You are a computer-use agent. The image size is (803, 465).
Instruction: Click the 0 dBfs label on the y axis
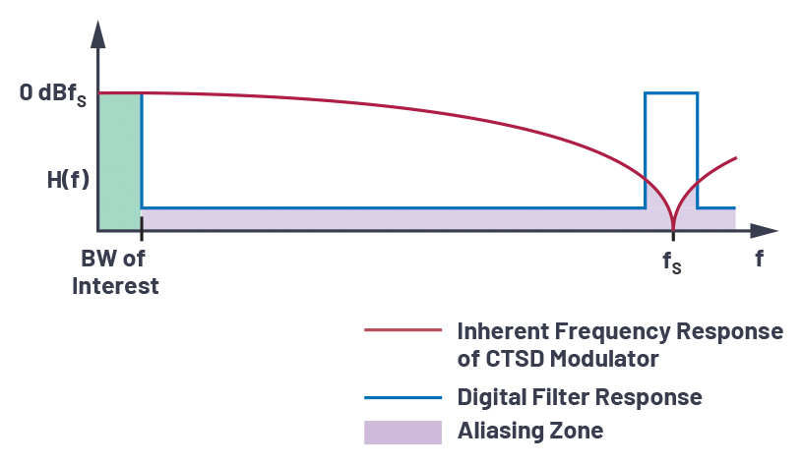pyautogui.click(x=53, y=94)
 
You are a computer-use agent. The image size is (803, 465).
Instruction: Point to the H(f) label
pyautogui.click(x=68, y=180)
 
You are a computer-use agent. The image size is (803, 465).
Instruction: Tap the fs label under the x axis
pyautogui.click(x=672, y=262)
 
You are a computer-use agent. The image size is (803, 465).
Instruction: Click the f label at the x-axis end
pyautogui.click(x=759, y=259)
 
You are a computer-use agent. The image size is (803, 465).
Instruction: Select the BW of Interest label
pyautogui.click(x=115, y=272)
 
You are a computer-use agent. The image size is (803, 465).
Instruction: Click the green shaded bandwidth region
pyautogui.click(x=120, y=161)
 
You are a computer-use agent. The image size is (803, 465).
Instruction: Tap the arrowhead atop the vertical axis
pyautogui.click(x=97, y=34)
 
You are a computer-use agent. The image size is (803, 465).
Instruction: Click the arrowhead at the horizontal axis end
pyautogui.click(x=764, y=231)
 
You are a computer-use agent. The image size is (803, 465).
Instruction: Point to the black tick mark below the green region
pyautogui.click(x=142, y=228)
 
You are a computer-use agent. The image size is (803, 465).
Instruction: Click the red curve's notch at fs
pyautogui.click(x=673, y=228)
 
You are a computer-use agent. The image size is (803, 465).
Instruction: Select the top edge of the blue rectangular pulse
pyautogui.click(x=671, y=93)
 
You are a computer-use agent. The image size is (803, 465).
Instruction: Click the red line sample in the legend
pyautogui.click(x=403, y=330)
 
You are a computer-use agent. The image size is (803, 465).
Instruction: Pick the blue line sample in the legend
pyautogui.click(x=403, y=397)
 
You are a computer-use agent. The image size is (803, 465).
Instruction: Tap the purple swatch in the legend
pyautogui.click(x=403, y=433)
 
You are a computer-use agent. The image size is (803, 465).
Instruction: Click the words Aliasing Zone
pyautogui.click(x=530, y=431)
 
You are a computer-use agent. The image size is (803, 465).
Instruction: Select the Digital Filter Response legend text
pyautogui.click(x=580, y=397)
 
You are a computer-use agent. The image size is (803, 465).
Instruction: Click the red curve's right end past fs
pyautogui.click(x=736, y=157)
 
